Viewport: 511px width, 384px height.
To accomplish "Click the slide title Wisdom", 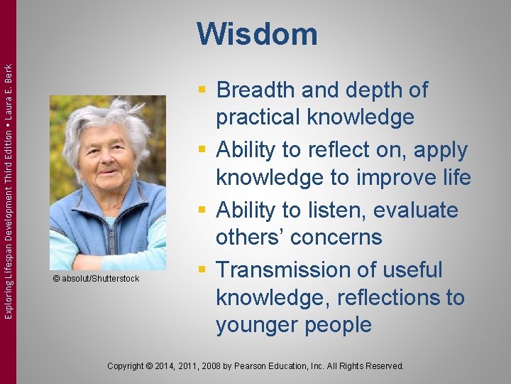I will coord(257,34).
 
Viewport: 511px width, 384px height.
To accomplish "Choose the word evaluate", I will coord(419,210).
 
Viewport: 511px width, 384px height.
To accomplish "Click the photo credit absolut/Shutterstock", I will coord(100,278).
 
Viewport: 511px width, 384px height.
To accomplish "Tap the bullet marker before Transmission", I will coord(204,270).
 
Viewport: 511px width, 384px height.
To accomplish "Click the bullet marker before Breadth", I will coord(204,90).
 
